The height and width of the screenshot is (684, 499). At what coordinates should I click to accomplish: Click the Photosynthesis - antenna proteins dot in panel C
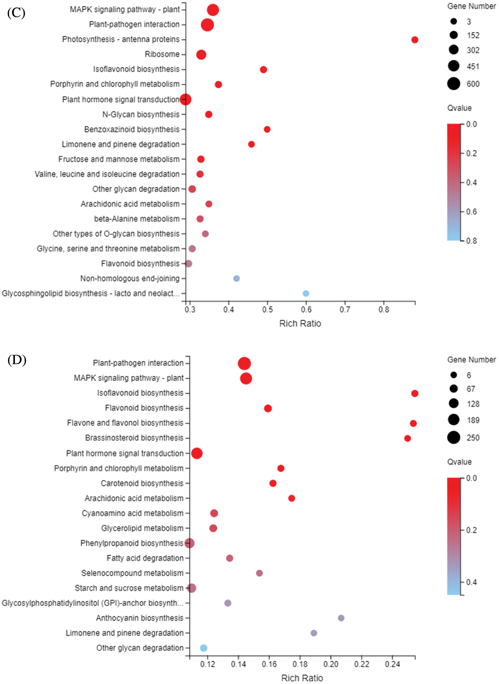pyautogui.click(x=415, y=40)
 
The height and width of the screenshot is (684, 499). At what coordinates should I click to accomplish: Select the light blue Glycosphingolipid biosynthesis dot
pyautogui.click(x=306, y=293)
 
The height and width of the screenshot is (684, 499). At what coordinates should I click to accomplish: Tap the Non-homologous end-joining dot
pyautogui.click(x=236, y=278)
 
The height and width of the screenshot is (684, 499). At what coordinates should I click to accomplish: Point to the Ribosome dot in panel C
pyautogui.click(x=201, y=55)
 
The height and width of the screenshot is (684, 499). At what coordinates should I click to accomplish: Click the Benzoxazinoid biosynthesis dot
pyautogui.click(x=267, y=129)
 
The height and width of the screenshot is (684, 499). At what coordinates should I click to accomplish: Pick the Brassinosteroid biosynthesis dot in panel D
pyautogui.click(x=407, y=438)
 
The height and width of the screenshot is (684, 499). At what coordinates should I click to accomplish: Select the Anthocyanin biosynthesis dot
pyautogui.click(x=341, y=618)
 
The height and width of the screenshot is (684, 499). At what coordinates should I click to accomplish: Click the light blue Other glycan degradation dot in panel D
pyautogui.click(x=204, y=648)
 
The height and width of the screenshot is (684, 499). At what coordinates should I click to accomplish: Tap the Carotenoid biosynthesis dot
pyautogui.click(x=273, y=483)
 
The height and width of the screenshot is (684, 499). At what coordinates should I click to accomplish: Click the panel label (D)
pyautogui.click(x=17, y=360)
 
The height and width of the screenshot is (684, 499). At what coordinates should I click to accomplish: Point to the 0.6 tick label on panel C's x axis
pyautogui.click(x=306, y=310)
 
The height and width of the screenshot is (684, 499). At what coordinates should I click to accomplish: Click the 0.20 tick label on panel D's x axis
pyautogui.click(x=331, y=664)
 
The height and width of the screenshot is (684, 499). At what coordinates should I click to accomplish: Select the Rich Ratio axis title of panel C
pyautogui.click(x=300, y=324)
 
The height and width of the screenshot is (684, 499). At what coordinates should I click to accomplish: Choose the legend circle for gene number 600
pyautogui.click(x=453, y=84)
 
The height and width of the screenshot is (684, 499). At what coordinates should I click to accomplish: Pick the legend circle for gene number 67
pyautogui.click(x=453, y=389)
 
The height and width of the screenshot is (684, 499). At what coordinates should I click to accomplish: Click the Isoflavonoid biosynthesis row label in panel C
pyautogui.click(x=136, y=69)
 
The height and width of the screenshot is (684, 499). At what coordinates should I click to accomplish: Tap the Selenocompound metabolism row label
pyautogui.click(x=132, y=573)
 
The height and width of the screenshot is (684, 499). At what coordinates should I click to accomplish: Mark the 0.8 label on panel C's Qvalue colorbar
pyautogui.click(x=471, y=241)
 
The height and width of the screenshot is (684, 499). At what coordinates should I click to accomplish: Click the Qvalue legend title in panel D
pyautogui.click(x=459, y=462)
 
